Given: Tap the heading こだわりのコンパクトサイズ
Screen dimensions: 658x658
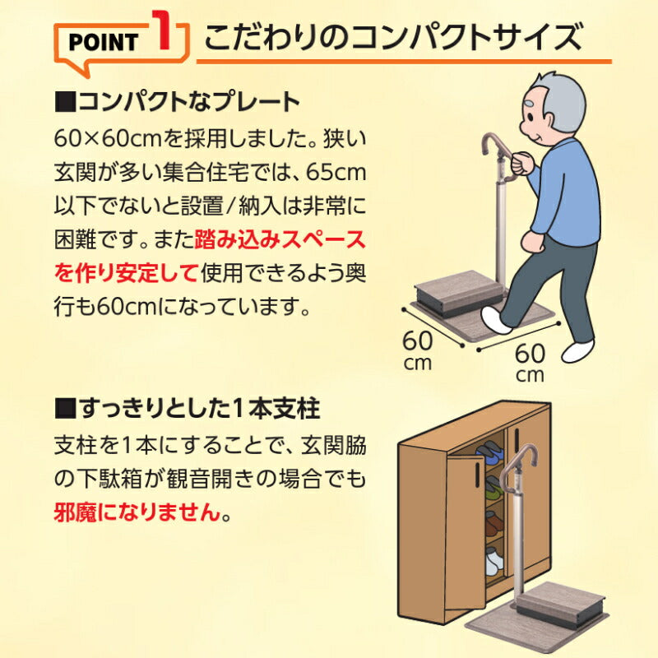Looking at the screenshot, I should click(393, 37).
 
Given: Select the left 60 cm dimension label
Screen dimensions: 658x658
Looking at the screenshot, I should click(419, 347).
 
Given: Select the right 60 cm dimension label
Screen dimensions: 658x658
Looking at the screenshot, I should click(531, 362).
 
